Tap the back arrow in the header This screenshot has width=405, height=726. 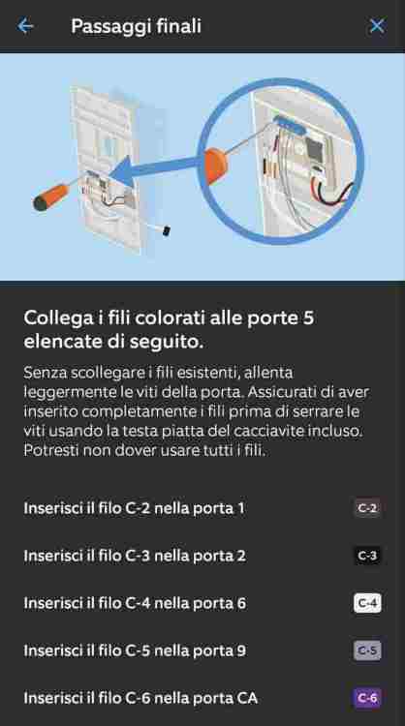pos(25,26)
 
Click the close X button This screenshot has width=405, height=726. pos(377,26)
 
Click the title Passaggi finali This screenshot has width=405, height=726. pos(136,26)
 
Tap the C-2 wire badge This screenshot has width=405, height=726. pos(367,508)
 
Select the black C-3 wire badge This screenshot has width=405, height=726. pos(367,556)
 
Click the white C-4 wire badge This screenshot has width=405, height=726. pos(367,603)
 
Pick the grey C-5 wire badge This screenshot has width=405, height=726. pos(367,651)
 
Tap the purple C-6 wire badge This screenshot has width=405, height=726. pos(367,698)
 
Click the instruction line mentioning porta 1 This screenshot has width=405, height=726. pos(134,508)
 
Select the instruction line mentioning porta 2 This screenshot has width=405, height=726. pos(135,556)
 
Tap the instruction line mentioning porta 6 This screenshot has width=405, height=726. pos(135,603)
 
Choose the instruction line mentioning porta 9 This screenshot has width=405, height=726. pos(135,651)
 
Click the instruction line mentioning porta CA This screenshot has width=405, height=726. pos(140,698)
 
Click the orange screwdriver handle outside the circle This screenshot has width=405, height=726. pos(51,197)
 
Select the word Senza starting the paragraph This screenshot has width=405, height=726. pos(43,373)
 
